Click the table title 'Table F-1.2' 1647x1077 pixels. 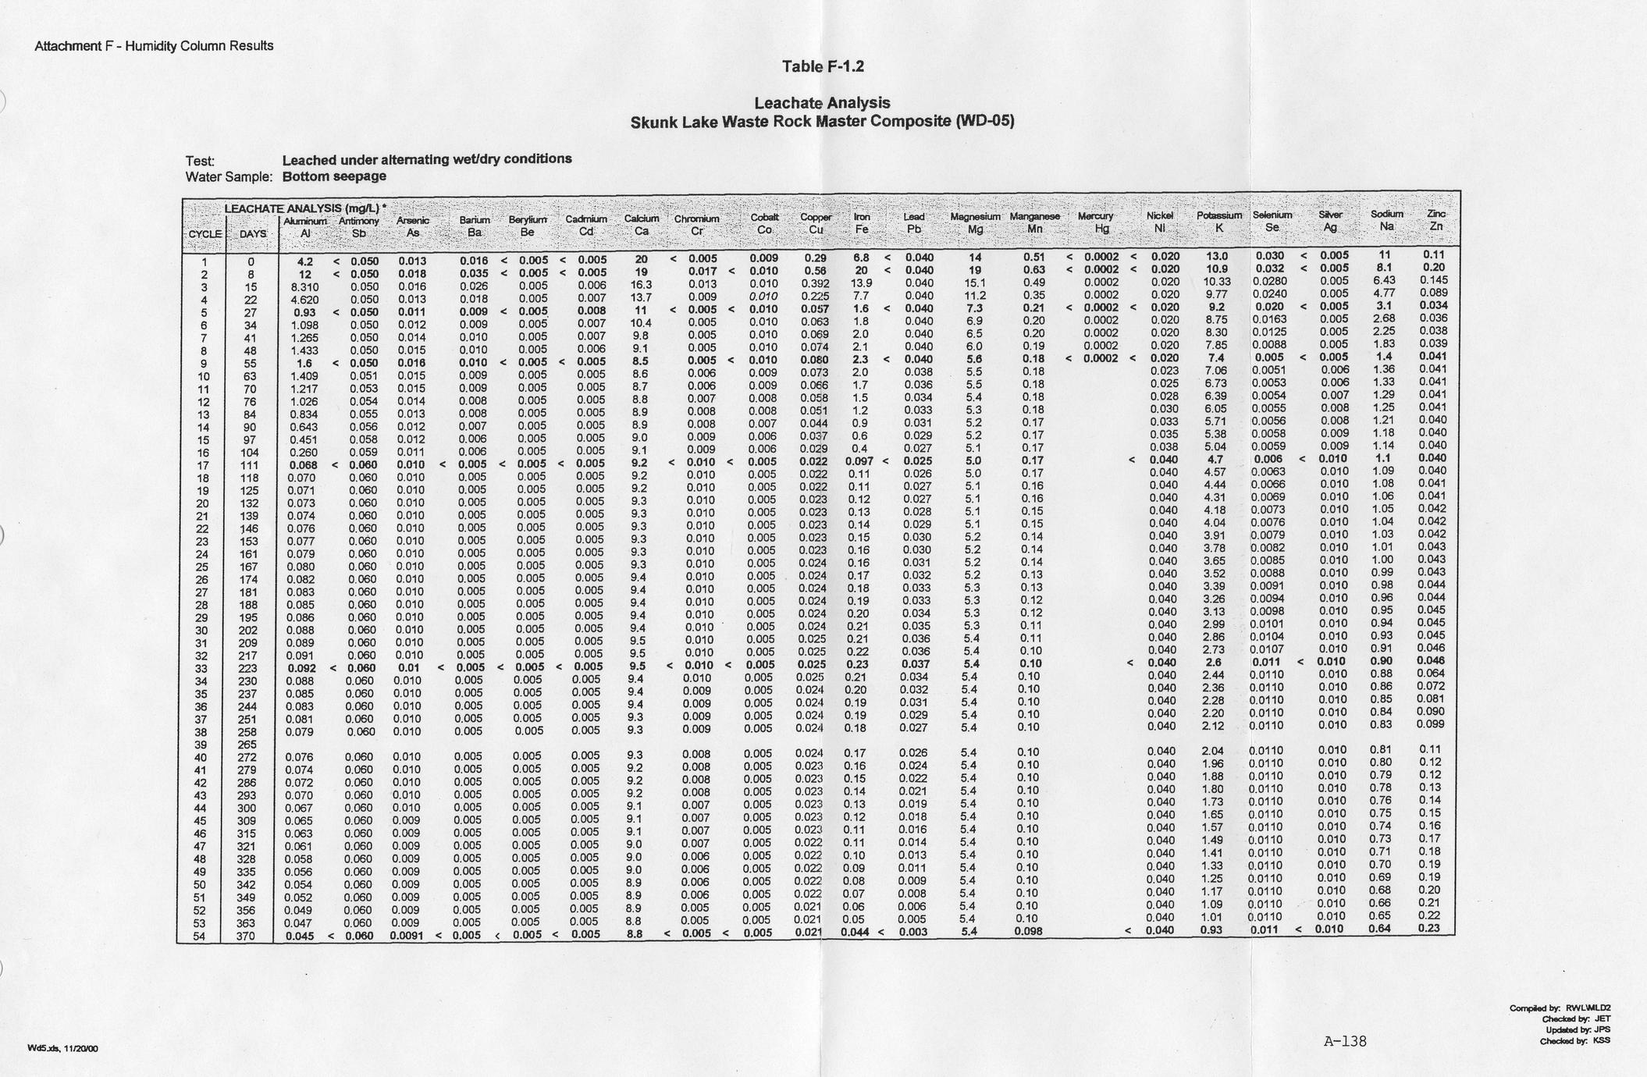click(823, 67)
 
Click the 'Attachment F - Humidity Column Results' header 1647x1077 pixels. click(154, 46)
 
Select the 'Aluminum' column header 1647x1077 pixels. click(304, 222)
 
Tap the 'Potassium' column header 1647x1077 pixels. click(1218, 215)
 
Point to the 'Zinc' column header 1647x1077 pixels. click(1435, 214)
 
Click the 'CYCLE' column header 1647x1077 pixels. click(205, 234)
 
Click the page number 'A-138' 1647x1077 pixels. click(1345, 1041)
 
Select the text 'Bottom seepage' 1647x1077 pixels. click(334, 176)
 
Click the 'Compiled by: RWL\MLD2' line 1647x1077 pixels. click(1560, 1008)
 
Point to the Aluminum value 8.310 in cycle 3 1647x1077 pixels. click(301, 286)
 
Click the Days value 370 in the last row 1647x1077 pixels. click(246, 936)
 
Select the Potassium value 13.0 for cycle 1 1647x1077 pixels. click(1217, 256)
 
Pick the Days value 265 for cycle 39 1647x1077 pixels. click(246, 745)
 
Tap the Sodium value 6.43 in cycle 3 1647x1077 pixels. click(1383, 280)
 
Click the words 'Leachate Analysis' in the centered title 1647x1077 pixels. click(822, 103)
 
